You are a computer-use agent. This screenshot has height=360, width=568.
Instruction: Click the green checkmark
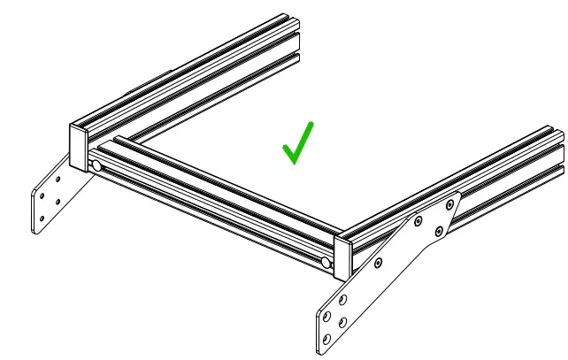pos(297,143)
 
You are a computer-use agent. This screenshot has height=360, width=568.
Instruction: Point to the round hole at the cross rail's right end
pos(326,263)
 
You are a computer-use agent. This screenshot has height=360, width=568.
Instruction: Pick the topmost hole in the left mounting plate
pos(59,178)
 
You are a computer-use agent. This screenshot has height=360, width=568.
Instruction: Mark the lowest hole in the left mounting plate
pos(41,218)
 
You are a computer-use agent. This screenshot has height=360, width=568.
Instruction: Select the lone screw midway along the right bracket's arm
pos(379,263)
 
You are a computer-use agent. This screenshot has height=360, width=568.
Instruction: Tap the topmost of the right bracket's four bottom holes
pos(343,299)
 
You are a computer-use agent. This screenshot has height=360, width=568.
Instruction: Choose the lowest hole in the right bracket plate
pos(326,338)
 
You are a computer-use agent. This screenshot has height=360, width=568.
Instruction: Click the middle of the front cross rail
pos(212,205)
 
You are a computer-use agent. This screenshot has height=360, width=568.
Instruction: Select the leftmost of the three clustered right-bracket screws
pos(420,221)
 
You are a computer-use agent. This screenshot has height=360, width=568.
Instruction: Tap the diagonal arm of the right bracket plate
pos(389,257)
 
